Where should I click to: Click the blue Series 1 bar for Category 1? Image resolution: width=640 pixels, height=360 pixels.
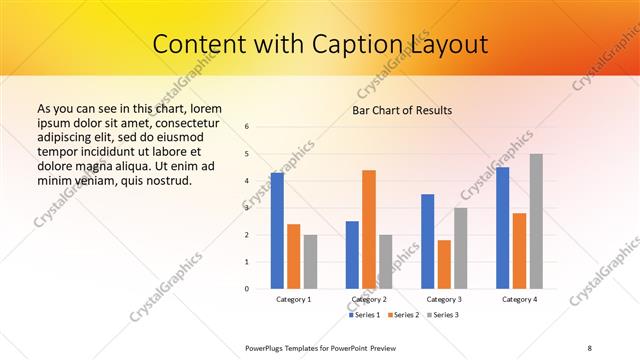277,230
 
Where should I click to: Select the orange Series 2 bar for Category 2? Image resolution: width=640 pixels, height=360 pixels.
369,229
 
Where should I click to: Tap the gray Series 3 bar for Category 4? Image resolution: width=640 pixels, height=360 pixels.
536,221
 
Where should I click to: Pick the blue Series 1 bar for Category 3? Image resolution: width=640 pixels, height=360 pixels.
428,241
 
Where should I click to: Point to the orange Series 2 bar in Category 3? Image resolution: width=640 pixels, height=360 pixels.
444,264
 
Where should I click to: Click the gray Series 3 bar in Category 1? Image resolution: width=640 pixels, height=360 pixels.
310,261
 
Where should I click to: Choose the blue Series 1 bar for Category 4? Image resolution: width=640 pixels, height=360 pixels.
503,227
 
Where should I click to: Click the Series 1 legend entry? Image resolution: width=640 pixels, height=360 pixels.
365,316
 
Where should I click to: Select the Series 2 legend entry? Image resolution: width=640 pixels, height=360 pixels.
403,316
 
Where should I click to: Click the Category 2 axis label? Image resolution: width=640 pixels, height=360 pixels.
369,299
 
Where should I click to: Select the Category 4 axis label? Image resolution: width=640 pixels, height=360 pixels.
519,299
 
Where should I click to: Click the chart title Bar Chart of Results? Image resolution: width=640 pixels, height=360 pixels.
403,109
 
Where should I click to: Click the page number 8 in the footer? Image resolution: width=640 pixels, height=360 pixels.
590,347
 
